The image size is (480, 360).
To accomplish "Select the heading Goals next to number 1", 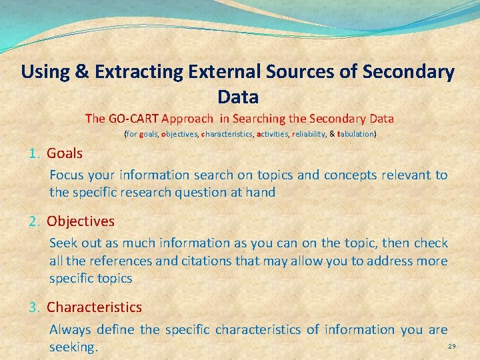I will pyautogui.click(x=65, y=153).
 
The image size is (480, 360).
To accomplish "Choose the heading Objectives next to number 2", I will pyautogui.click(x=81, y=221).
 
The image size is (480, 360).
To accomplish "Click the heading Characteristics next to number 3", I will pyautogui.click(x=94, y=307).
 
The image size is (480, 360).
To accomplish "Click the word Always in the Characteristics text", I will pyautogui.click(x=70, y=329).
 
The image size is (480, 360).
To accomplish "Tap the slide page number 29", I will pyautogui.click(x=452, y=347).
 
